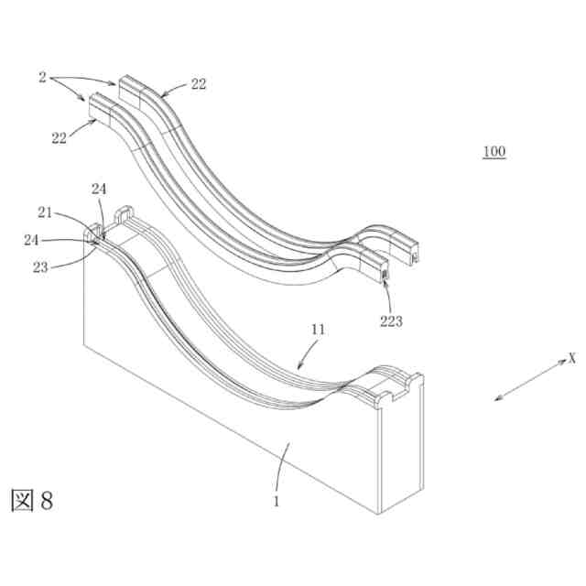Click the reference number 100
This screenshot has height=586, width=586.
coord(494,151)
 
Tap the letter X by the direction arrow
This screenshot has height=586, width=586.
coord(571,358)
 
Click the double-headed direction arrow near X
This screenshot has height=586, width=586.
coord(529,379)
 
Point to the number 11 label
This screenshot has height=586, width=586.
coord(318,328)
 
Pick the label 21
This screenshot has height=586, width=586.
coord(45,212)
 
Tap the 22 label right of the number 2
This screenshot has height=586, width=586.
coord(198,83)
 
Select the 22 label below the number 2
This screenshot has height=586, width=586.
coord(60,137)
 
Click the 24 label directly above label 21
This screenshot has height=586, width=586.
coord(99,190)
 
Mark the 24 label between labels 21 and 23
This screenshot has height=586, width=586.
coord(30,243)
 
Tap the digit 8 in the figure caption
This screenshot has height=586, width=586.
coord(47,500)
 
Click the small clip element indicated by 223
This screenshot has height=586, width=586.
coord(385,272)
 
